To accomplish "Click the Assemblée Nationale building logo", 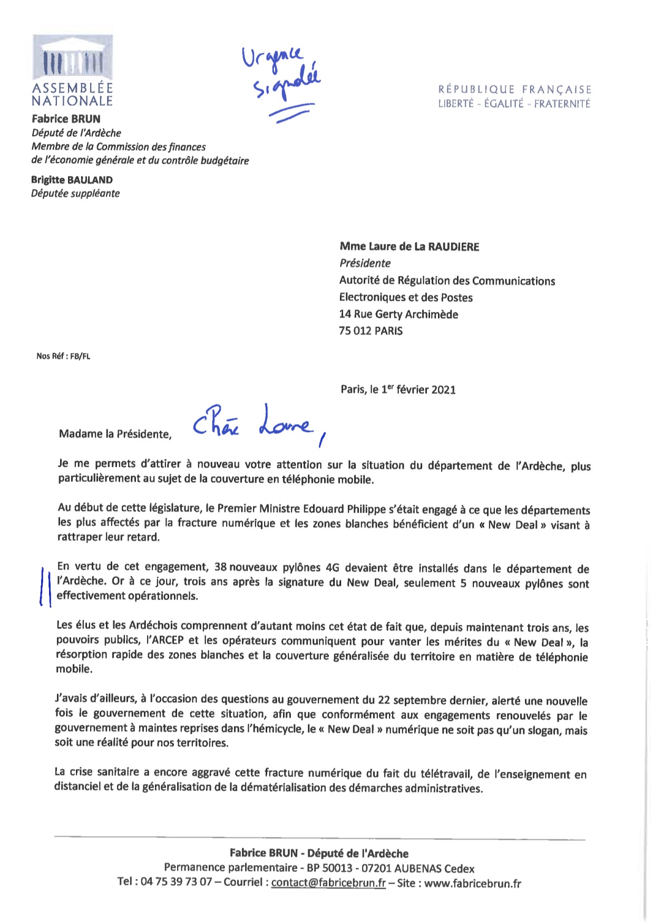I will [72, 58].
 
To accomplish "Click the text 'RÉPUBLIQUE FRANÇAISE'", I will [514, 90].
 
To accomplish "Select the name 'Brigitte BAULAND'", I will [72, 180].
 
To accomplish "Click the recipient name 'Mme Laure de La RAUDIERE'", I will [409, 247].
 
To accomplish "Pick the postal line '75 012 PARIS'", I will [371, 331].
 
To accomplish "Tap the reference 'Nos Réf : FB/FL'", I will [63, 356].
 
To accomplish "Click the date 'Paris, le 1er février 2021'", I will [398, 390].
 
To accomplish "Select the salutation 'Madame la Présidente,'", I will [115, 434].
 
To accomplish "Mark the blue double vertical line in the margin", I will [46, 585].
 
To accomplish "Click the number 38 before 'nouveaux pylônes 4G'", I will [220, 567].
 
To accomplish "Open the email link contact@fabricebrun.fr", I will [328, 883].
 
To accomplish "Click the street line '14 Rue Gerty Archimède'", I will [398, 315].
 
